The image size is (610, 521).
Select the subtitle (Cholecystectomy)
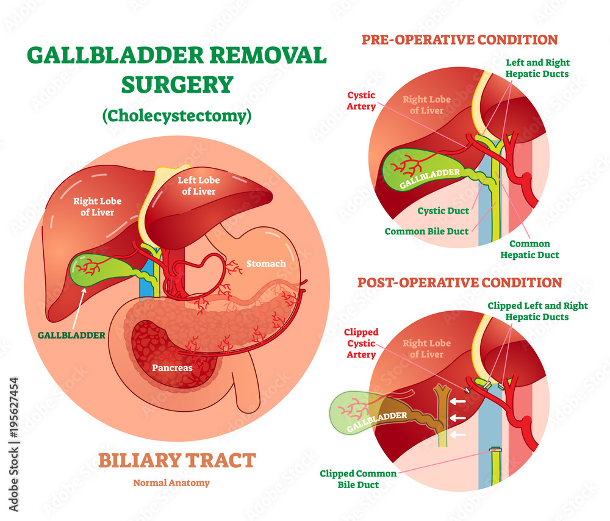pyautogui.click(x=177, y=115)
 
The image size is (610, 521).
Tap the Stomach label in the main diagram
pyautogui.click(x=265, y=264)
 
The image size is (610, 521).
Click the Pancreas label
pyautogui.click(x=172, y=368)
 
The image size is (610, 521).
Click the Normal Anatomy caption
pyautogui.click(x=171, y=483)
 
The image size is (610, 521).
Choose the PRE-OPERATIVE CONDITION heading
pyautogui.click(x=459, y=40)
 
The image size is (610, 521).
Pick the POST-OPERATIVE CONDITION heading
pyautogui.click(x=459, y=282)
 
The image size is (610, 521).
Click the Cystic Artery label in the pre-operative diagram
pyautogui.click(x=361, y=101)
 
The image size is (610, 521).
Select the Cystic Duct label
pyautogui.click(x=443, y=211)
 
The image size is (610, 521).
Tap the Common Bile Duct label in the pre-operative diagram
pyautogui.click(x=426, y=231)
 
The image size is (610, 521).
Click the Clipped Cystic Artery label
pyautogui.click(x=361, y=343)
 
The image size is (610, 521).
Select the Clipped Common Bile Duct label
pyautogui.click(x=359, y=479)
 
